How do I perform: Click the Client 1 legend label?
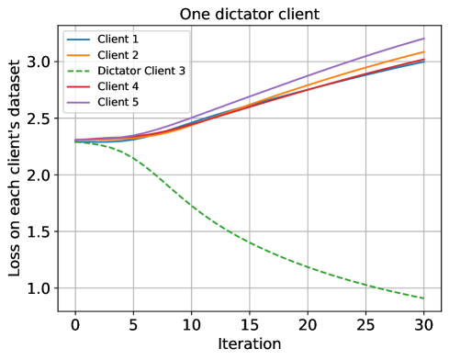click(x=118, y=40)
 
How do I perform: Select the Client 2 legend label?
click(x=118, y=55)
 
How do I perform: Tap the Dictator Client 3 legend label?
click(x=141, y=71)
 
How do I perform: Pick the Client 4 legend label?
click(x=118, y=86)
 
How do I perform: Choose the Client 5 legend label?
click(x=118, y=101)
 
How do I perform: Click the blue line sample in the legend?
click(x=78, y=40)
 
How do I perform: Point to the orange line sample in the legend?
click(x=78, y=55)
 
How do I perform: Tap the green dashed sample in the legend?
click(x=78, y=71)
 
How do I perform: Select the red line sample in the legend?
click(x=78, y=86)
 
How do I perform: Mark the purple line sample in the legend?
click(x=78, y=101)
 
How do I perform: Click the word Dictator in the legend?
click(x=119, y=71)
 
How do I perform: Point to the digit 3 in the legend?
click(x=182, y=71)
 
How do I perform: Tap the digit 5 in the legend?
click(x=135, y=101)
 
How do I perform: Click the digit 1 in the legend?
click(x=135, y=40)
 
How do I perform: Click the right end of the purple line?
click(x=423, y=39)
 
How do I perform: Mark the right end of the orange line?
click(x=423, y=51)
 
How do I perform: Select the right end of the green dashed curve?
click(x=423, y=298)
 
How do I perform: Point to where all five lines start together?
click(x=75, y=141)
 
